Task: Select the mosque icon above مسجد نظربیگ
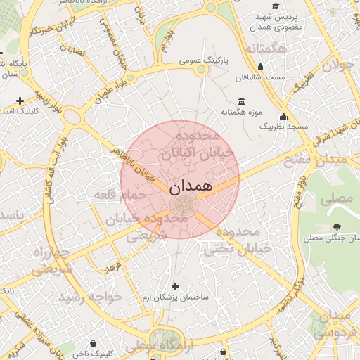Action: [283, 116]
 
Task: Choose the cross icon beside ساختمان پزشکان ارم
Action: [175, 286]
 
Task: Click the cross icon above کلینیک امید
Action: [20, 101]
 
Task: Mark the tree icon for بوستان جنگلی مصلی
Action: [337, 227]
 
